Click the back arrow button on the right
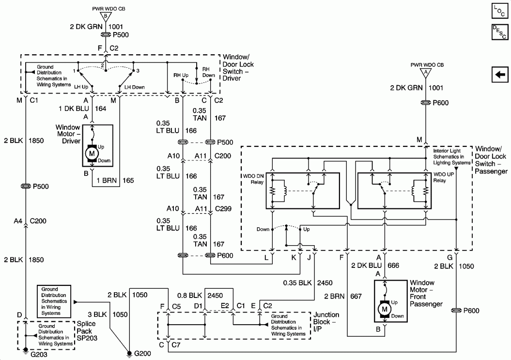(x=500, y=75)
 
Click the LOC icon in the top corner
(x=499, y=10)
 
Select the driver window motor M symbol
(x=92, y=154)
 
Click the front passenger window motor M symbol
(x=385, y=308)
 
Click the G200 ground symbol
(x=129, y=354)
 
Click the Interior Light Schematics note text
(x=451, y=157)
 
